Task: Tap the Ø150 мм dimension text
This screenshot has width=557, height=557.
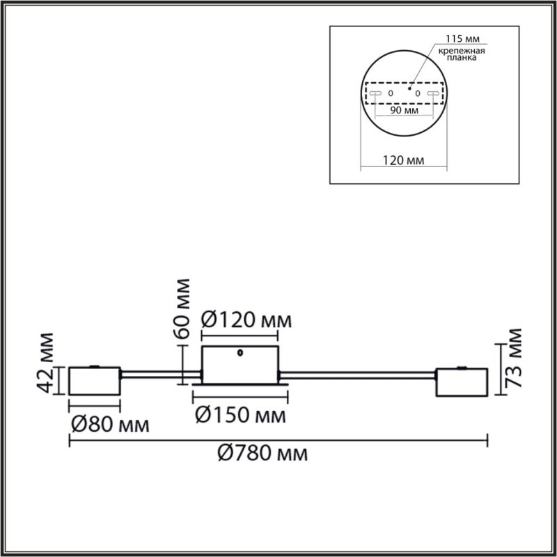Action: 240,416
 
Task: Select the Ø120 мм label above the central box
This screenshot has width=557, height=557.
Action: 245,321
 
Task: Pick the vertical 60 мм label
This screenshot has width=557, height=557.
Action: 183,307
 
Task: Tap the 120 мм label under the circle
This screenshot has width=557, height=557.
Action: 404,161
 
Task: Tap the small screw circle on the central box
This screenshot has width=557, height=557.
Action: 240,352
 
